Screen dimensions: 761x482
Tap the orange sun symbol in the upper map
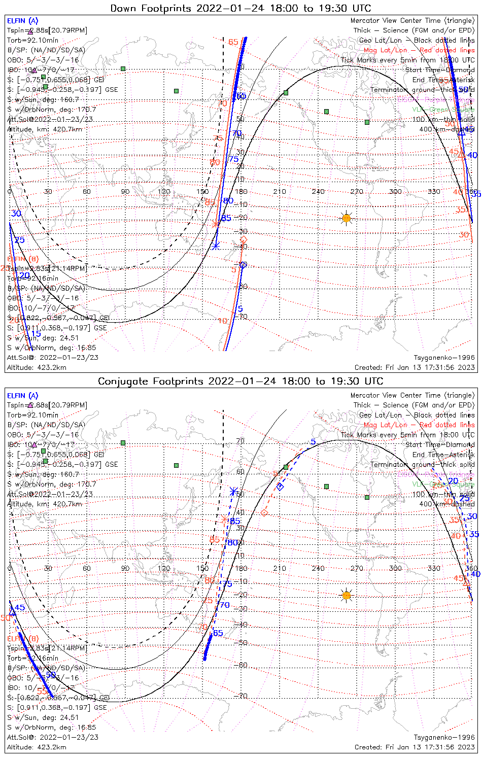pyautogui.click(x=347, y=218)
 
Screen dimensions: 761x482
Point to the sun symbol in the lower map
pyautogui.click(x=347, y=595)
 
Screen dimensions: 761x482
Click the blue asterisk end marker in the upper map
pyautogui.click(x=216, y=246)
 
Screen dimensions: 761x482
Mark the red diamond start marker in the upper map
pyautogui.click(x=244, y=239)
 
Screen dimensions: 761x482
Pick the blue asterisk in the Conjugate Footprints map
pyautogui.click(x=233, y=491)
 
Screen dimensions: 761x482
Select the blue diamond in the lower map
pyautogui.click(x=280, y=487)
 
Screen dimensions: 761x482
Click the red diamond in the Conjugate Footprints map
pyautogui.click(x=264, y=512)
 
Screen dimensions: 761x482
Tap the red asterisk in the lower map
pyautogui.click(x=224, y=518)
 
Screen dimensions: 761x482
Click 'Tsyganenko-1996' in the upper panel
pyautogui.click(x=444, y=358)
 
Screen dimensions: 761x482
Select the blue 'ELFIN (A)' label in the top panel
pyautogui.click(x=22, y=21)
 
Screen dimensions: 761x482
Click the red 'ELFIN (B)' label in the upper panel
pyautogui.click(x=22, y=259)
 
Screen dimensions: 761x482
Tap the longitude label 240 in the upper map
pyautogui.click(x=318, y=192)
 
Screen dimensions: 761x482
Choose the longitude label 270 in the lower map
pyautogui.click(x=357, y=568)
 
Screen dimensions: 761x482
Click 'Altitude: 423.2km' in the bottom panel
pyautogui.click(x=37, y=747)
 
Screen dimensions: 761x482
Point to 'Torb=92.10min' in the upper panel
pyautogui.click(x=32, y=40)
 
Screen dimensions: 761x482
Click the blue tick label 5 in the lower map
pyautogui.click(x=313, y=442)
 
